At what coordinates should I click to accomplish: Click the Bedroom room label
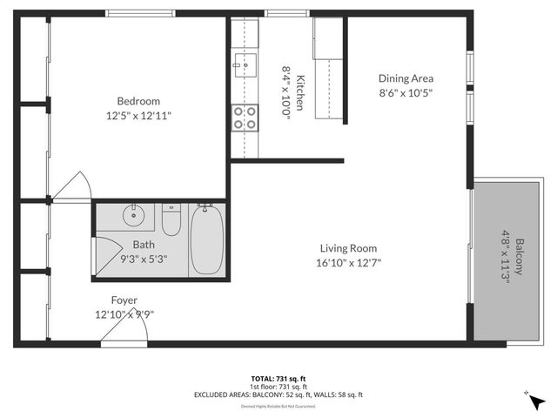(138, 100)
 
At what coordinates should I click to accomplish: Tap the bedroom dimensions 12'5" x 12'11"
(138, 114)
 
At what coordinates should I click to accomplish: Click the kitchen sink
(244, 63)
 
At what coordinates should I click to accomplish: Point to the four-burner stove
(245, 118)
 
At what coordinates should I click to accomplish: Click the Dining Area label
(405, 77)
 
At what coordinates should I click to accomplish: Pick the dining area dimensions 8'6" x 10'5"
(405, 91)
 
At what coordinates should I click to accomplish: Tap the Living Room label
(347, 247)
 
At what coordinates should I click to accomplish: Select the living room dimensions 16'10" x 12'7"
(347, 262)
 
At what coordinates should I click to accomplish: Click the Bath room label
(144, 245)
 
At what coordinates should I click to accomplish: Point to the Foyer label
(124, 300)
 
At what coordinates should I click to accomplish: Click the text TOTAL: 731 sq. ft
(278, 378)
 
